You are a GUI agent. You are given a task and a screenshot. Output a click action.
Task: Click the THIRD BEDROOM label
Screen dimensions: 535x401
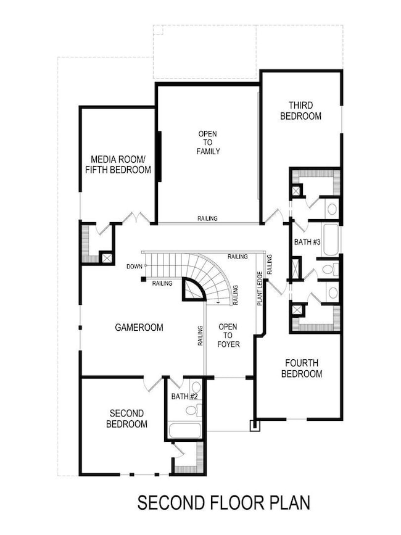coord(300,110)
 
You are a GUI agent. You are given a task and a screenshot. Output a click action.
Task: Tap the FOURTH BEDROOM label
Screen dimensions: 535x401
coord(302,368)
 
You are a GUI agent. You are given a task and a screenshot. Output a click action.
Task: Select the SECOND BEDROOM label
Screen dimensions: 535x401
coord(126,418)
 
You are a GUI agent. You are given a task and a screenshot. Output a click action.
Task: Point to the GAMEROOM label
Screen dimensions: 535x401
coord(139,328)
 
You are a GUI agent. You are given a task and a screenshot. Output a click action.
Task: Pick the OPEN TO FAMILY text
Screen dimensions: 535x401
coord(208,143)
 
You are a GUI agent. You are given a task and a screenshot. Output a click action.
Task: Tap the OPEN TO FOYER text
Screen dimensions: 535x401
coord(228,335)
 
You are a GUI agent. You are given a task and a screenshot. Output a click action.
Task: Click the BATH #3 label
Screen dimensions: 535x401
coord(307,242)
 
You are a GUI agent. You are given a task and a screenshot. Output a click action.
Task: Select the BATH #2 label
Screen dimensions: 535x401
coord(184,396)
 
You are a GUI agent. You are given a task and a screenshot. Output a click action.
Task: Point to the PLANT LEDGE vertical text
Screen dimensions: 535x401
coord(260,289)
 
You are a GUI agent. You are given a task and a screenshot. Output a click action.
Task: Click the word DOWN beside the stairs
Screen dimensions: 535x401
coord(134,267)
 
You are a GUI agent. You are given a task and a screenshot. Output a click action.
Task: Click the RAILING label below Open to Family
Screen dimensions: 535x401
coord(207,218)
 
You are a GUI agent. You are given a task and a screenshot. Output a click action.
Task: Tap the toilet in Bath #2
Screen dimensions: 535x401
coord(191,410)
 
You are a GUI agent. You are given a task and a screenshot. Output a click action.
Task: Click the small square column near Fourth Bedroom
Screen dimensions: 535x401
coord(252,425)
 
